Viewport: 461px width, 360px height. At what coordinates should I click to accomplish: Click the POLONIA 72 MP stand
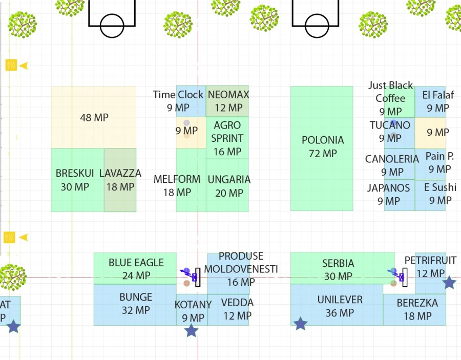click(x=322, y=148)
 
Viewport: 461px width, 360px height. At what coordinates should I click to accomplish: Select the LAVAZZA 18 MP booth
click(x=120, y=180)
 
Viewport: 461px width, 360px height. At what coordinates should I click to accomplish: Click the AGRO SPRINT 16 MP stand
click(x=227, y=138)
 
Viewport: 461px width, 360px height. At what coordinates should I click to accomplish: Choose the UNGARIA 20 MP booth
click(x=227, y=185)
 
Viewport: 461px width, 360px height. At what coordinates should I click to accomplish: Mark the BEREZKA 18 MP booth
click(x=417, y=309)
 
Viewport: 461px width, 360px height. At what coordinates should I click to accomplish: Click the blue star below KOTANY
click(x=191, y=331)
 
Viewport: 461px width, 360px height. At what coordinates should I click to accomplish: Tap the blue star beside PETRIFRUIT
click(x=449, y=282)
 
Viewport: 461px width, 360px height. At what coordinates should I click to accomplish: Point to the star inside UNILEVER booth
click(x=300, y=323)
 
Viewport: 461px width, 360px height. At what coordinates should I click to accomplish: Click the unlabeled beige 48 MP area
click(x=94, y=117)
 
